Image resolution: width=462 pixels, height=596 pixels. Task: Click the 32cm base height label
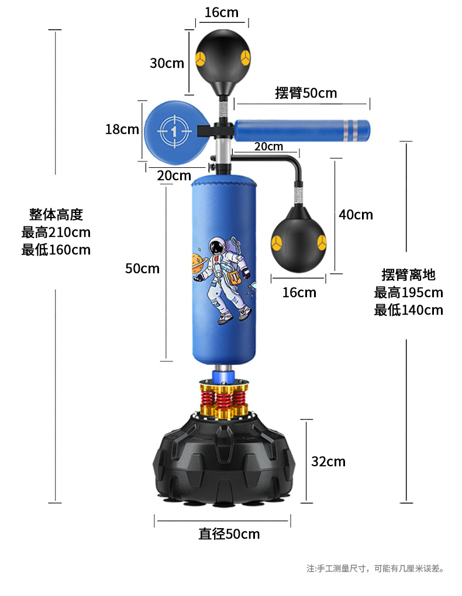pyautogui.click(x=328, y=461)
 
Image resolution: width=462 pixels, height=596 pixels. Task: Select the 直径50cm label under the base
pyautogui.click(x=229, y=533)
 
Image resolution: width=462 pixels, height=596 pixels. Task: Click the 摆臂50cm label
pyautogui.click(x=306, y=93)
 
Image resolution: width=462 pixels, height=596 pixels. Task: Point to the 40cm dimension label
pyautogui.click(x=356, y=215)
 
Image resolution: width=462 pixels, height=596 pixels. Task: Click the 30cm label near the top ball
pyautogui.click(x=167, y=63)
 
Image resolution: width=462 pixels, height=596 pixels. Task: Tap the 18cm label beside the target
pyautogui.click(x=122, y=129)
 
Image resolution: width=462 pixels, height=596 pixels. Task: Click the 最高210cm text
pyautogui.click(x=56, y=232)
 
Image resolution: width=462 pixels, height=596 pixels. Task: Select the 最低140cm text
pyautogui.click(x=409, y=310)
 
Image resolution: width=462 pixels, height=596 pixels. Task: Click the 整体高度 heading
pyautogui.click(x=56, y=214)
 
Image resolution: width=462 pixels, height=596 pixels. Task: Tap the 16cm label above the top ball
pyautogui.click(x=222, y=12)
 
